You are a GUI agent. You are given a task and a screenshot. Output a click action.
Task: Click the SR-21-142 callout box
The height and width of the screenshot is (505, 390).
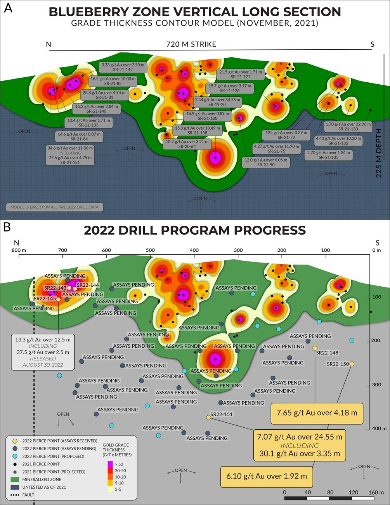123,67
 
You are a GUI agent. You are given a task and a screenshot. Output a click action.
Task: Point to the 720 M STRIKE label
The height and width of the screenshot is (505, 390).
191,44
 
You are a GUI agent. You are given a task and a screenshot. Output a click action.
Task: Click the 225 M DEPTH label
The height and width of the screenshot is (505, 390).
379,153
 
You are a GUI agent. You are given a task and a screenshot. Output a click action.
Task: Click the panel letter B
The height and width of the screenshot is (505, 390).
7,226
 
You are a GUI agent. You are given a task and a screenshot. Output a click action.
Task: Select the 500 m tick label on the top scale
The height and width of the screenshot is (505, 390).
150,250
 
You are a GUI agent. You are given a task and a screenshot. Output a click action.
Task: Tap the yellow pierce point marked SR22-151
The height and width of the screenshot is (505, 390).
208,418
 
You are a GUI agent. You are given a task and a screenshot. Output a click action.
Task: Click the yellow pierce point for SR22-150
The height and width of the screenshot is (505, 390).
352,364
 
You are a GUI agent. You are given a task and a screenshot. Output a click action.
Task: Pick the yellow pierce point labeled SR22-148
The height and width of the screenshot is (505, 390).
315,348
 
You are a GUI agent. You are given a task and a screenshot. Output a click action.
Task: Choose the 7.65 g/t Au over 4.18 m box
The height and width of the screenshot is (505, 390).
317,413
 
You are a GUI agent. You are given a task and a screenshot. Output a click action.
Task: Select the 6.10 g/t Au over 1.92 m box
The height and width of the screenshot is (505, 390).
267,476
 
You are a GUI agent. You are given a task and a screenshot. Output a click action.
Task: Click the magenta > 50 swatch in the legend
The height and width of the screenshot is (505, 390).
110,464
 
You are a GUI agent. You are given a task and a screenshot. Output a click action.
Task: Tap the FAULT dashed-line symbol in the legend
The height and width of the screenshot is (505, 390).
14,495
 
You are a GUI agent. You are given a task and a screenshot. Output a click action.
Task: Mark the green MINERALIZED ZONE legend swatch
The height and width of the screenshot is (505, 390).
14,479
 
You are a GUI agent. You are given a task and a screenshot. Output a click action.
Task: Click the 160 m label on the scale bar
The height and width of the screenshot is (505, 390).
376,492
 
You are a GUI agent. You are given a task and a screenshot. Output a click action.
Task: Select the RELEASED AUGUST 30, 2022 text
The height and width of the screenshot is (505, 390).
43,362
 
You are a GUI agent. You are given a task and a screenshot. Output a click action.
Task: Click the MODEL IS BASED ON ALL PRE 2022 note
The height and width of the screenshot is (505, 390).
55,207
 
